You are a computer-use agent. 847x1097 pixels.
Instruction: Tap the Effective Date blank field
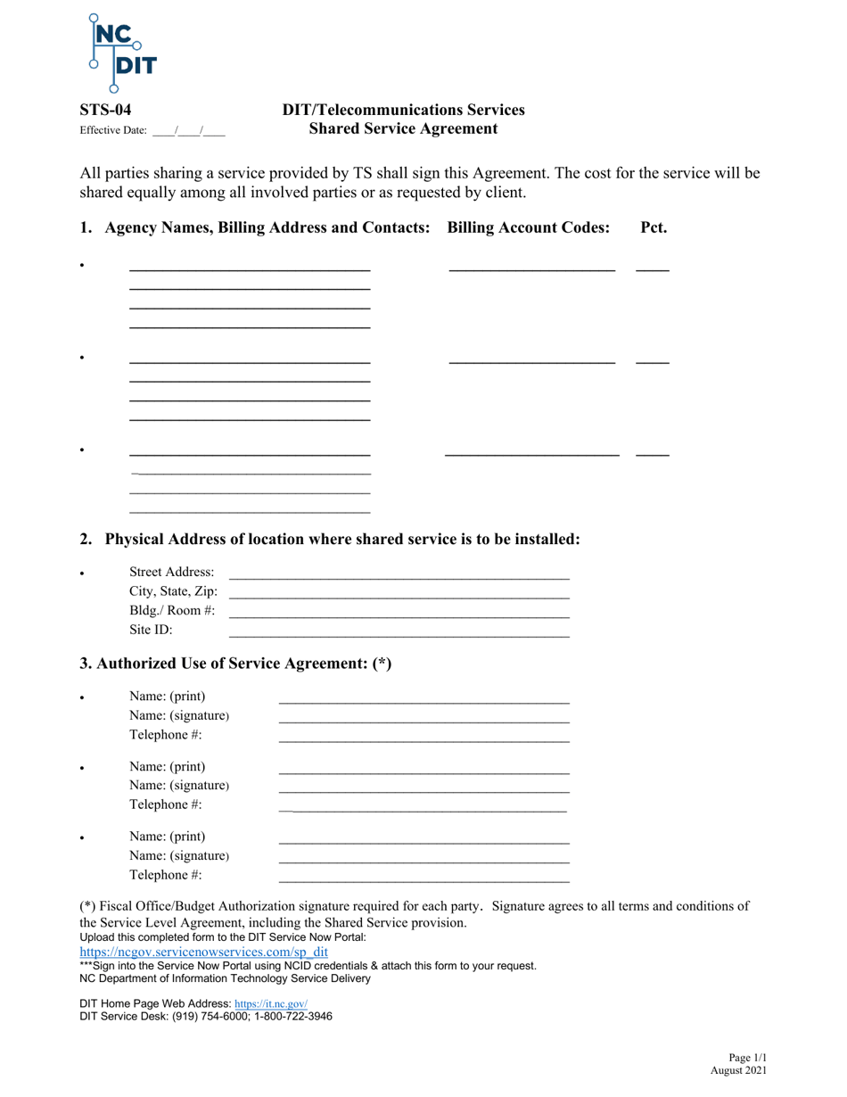click(188, 130)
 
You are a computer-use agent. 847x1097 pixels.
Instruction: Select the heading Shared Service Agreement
click(403, 128)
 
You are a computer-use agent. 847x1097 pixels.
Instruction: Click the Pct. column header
click(654, 227)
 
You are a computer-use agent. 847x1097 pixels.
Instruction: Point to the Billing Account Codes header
click(529, 227)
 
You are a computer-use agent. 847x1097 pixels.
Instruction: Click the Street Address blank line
click(399, 573)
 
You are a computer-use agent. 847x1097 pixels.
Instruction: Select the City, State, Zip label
click(173, 590)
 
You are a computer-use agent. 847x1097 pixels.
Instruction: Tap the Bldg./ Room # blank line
click(399, 611)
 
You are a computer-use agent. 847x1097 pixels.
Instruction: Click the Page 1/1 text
click(746, 1057)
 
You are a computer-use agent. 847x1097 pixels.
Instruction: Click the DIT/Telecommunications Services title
click(403, 111)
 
